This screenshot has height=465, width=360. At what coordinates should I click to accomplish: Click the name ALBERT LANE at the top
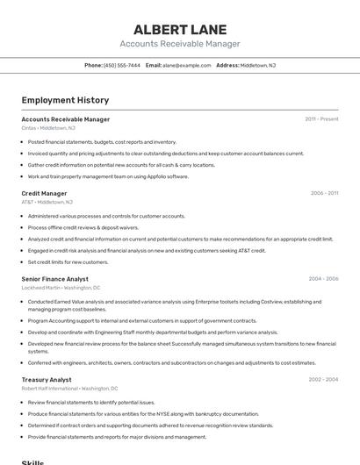click(180, 29)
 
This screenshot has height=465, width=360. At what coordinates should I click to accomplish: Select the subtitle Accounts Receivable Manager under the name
click(180, 44)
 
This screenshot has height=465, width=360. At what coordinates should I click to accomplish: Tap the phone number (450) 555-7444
click(122, 65)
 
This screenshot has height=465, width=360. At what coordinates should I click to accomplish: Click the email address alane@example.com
click(187, 65)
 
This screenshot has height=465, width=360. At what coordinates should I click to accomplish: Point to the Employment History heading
click(65, 100)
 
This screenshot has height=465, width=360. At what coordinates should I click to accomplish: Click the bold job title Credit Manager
click(44, 193)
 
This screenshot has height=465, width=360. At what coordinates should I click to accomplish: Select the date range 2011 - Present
click(321, 119)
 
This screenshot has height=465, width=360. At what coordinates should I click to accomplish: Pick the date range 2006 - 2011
click(324, 193)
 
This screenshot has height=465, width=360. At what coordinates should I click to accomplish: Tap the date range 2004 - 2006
click(323, 279)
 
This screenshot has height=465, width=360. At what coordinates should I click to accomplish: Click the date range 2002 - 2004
click(323, 380)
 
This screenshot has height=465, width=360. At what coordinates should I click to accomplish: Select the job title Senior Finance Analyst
click(54, 279)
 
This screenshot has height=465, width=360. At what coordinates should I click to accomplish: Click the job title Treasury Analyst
click(47, 380)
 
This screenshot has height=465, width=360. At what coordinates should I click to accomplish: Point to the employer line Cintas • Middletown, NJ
click(48, 128)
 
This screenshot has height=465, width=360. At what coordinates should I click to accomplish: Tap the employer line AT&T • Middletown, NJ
click(47, 202)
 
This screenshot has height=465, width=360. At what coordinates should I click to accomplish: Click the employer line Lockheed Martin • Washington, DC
click(61, 288)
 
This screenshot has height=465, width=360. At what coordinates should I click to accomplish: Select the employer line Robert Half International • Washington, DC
click(69, 389)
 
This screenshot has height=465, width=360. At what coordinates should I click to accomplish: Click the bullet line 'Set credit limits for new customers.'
click(68, 261)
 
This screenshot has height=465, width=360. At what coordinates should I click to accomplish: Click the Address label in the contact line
click(227, 65)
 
